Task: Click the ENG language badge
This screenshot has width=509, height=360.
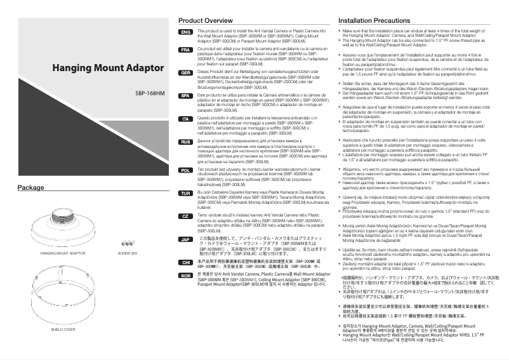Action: click(185, 32)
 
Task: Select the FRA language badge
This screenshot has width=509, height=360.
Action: click(185, 50)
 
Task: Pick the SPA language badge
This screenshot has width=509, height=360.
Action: click(185, 96)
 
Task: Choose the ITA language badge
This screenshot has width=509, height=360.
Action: click(185, 119)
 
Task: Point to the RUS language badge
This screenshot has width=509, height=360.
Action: click(185, 142)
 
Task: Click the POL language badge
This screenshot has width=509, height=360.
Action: click(185, 171)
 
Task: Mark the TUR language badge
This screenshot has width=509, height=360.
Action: click(185, 192)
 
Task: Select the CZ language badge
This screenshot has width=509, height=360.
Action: click(185, 216)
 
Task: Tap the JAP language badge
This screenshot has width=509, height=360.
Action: click(185, 239)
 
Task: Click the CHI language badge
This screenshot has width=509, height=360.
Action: click(185, 262)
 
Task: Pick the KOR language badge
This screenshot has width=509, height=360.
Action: click(185, 276)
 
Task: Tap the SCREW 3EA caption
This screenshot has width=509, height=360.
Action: click(128, 252)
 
